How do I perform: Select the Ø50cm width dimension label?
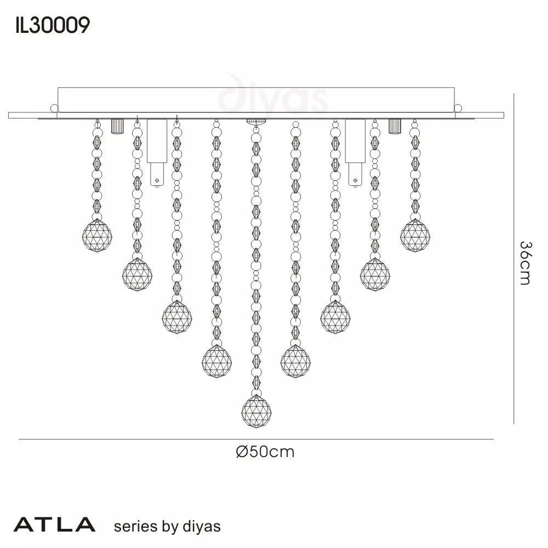point(265,452)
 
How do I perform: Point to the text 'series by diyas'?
point(167,527)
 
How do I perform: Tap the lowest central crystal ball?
point(256,411)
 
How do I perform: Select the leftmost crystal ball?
point(96,235)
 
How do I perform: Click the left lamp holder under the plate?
point(156,151)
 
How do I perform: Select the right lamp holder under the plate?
point(355,151)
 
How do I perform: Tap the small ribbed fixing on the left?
point(116,126)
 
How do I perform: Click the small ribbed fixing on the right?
point(395,126)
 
